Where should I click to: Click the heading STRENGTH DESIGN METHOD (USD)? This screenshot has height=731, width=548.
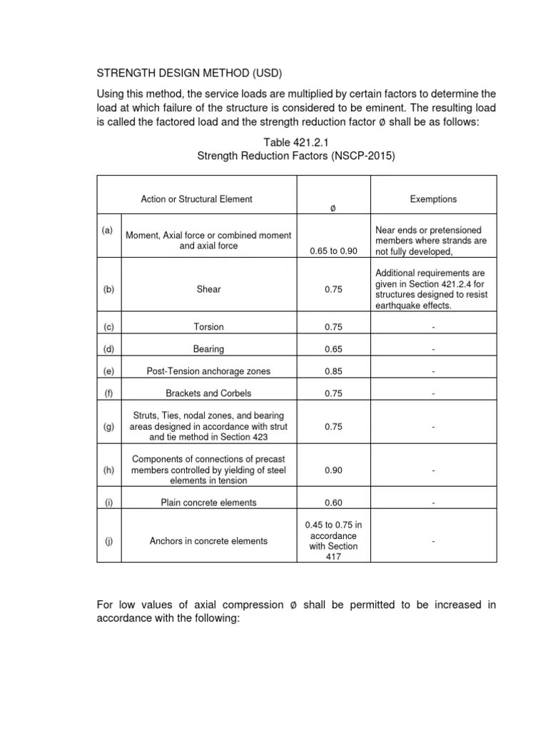(193, 74)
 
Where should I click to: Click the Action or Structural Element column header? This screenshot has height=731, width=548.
(196, 199)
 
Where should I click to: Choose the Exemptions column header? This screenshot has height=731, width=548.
(433, 199)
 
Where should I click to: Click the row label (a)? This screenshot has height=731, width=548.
(108, 231)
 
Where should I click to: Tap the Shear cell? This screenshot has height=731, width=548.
(210, 289)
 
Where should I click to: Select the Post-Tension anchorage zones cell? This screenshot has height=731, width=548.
(208, 371)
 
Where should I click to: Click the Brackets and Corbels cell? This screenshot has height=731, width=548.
(208, 393)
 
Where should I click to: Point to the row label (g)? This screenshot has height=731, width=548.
(108, 426)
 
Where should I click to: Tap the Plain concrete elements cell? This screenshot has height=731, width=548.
(208, 503)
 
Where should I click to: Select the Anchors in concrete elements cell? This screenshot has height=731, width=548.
(208, 541)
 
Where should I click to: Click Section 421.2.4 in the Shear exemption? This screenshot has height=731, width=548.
(438, 283)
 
